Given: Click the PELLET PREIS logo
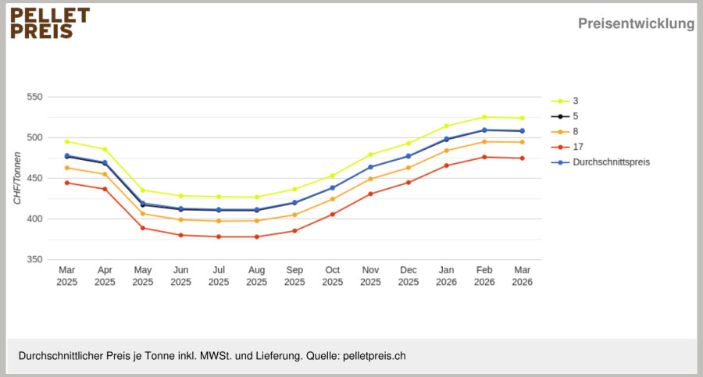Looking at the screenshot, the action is (50, 23).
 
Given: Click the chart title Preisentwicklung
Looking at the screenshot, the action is (636, 23).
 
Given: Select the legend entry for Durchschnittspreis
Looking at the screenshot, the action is (601, 162).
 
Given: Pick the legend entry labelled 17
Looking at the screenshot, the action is (567, 147).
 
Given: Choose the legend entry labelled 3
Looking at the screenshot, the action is (565, 101).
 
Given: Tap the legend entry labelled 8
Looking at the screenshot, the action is (565, 132).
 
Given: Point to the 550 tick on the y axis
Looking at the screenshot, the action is (34, 97).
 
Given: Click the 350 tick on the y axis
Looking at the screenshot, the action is (34, 260).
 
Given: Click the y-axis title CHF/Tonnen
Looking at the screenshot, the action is (17, 178).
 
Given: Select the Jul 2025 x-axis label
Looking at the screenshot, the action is (219, 276).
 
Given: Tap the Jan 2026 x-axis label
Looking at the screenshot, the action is (446, 276).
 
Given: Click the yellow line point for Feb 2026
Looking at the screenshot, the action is (484, 117).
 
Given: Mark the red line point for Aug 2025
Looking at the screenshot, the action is (256, 237).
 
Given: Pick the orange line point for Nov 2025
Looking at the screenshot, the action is (370, 179).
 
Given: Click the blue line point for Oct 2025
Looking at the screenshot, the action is (333, 188).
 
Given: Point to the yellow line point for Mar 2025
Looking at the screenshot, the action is (67, 141).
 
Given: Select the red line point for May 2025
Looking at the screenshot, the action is (143, 228).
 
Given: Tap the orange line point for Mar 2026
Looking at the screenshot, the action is (522, 142).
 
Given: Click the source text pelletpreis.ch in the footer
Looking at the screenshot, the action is (374, 356).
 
